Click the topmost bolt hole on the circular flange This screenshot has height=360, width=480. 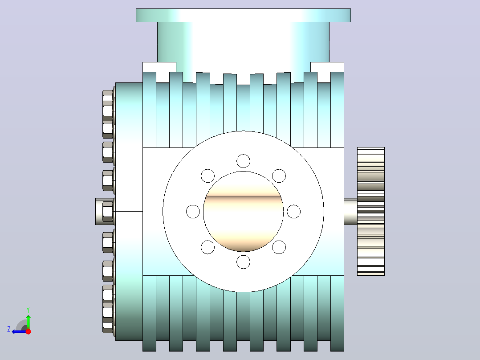244,161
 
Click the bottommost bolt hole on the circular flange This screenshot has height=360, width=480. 244,262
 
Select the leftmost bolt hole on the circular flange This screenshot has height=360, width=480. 193,211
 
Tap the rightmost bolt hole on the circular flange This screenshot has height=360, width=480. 294,211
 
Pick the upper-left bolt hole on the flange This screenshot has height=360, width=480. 207,176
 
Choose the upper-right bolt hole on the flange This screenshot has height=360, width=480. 279,176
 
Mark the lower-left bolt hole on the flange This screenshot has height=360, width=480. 207,247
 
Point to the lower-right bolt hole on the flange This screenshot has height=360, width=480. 279,247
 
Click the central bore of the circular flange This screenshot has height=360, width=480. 244,211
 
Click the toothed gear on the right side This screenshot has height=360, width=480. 371,211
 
